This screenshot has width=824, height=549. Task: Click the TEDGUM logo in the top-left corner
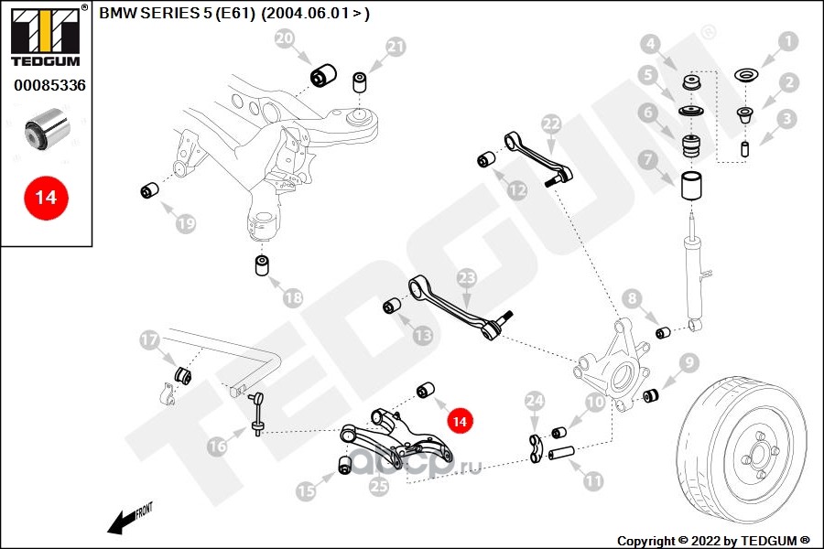pyautogui.click(x=46, y=36)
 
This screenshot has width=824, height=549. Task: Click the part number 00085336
pyautogui.click(x=49, y=85)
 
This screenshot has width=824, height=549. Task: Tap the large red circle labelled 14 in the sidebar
pyautogui.click(x=47, y=198)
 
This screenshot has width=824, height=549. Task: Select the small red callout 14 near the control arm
pyautogui.click(x=460, y=421)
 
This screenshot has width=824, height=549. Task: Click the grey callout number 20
pyautogui.click(x=285, y=38)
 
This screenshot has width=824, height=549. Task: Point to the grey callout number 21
pyautogui.click(x=396, y=48)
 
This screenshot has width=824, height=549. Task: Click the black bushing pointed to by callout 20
pyautogui.click(x=323, y=76)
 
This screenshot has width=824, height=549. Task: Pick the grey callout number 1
pyautogui.click(x=787, y=41)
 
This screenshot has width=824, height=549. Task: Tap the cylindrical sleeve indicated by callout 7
pyautogui.click(x=693, y=186)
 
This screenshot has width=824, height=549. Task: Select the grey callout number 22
pyautogui.click(x=551, y=124)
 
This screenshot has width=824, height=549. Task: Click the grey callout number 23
pyautogui.click(x=467, y=278)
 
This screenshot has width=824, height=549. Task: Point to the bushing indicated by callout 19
pyautogui.click(x=150, y=190)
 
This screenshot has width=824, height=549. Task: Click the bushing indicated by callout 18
pyautogui.click(x=262, y=264)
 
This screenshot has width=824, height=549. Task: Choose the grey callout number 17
pyautogui.click(x=149, y=339)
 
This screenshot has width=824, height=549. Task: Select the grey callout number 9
pyautogui.click(x=688, y=362)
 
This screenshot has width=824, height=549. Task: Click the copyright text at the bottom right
pyautogui.click(x=713, y=541)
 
